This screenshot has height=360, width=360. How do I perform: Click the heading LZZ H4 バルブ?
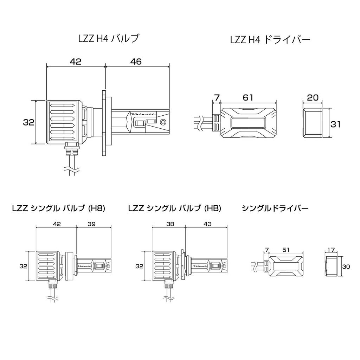(108, 39)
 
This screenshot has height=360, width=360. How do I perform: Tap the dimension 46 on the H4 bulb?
(136, 62)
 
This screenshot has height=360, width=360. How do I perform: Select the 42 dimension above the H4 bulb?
(75, 62)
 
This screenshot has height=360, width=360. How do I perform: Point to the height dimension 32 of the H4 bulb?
(28, 122)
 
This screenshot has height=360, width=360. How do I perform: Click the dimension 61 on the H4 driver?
(248, 98)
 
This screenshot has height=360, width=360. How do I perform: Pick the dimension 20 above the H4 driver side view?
(312, 98)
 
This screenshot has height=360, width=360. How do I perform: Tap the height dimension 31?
(336, 124)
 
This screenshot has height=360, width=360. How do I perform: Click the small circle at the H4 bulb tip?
(163, 122)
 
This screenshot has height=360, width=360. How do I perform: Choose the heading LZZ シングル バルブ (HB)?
(175, 208)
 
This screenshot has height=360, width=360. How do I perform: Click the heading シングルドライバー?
(275, 208)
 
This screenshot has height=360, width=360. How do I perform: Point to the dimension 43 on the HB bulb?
(207, 224)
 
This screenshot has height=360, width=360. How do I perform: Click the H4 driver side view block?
(312, 123)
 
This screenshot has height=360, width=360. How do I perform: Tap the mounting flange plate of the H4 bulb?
(104, 123)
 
